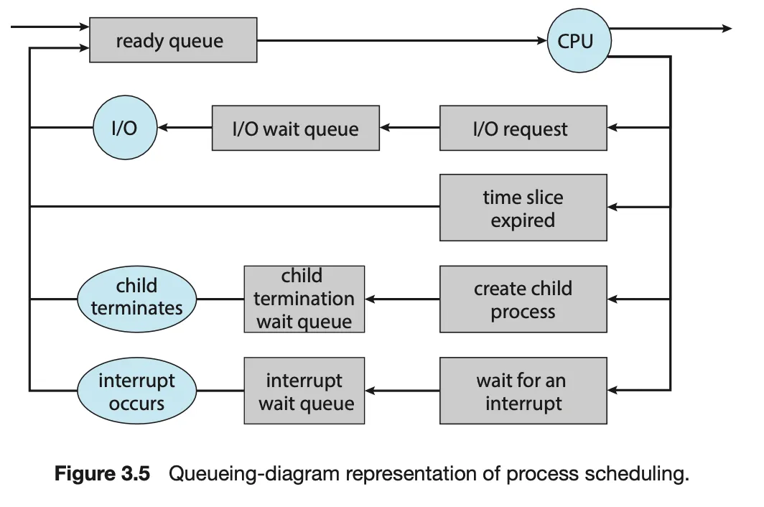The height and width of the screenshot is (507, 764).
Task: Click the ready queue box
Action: tap(173, 40)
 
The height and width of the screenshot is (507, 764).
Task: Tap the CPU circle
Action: tap(579, 40)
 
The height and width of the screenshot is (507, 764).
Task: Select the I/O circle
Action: tap(125, 127)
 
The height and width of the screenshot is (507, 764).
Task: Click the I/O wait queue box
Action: tap(295, 128)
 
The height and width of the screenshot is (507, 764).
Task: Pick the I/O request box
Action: tap(523, 128)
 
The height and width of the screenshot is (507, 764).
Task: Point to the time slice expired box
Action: tap(523, 208)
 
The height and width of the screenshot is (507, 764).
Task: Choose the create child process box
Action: tap(523, 299)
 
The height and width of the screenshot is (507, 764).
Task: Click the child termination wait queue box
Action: tap(304, 299)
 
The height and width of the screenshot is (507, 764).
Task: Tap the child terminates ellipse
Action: tap(137, 299)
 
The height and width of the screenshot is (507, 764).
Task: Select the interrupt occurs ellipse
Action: tap(137, 391)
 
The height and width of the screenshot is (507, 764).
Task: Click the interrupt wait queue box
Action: tap(304, 391)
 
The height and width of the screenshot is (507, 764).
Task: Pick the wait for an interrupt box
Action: tap(523, 391)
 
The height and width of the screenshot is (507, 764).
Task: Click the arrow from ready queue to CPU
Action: tap(402, 40)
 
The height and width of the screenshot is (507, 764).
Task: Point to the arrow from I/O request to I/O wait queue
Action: tap(409, 128)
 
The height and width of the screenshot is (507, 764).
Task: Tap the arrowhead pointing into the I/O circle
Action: tap(163, 128)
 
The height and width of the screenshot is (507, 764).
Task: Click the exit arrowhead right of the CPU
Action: tap(727, 28)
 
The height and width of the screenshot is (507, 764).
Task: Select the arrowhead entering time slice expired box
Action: tap(612, 208)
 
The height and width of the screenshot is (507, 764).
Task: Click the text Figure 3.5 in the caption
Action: tap(102, 473)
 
